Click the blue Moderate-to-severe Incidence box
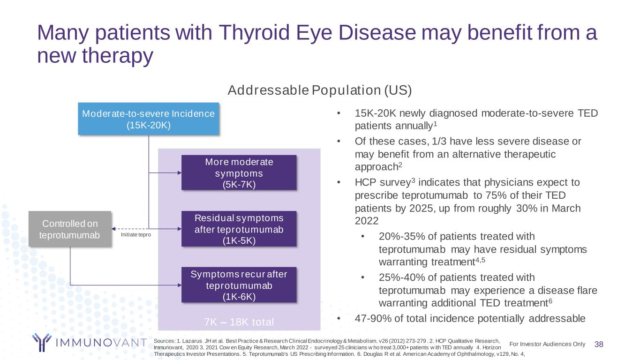(x=148, y=119)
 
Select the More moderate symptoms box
(x=239, y=172)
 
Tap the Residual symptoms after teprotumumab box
(x=239, y=229)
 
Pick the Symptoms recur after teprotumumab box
(x=239, y=285)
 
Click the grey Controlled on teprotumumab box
(x=70, y=229)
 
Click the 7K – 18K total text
(x=239, y=322)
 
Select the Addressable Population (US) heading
(x=319, y=90)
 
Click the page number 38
(x=599, y=344)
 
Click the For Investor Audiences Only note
(x=547, y=344)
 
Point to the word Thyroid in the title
(x=254, y=33)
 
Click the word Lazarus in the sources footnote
(x=193, y=340)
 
